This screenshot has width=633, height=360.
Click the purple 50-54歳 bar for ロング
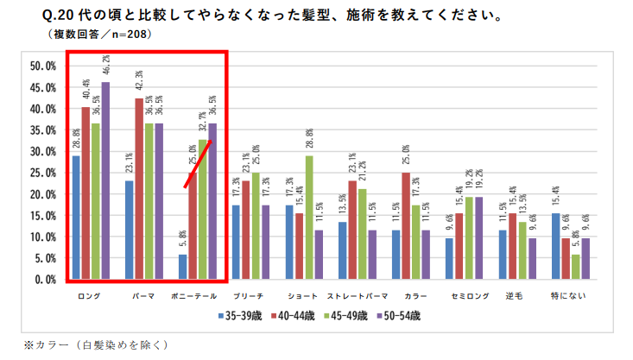105,180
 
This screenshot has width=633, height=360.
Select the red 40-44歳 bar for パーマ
139,189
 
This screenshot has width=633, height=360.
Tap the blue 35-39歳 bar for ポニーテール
182,267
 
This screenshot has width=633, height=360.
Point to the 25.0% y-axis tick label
42,174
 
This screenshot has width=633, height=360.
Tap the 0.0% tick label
45,280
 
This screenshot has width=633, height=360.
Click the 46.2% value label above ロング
105,66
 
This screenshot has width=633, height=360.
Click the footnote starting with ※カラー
96,344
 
